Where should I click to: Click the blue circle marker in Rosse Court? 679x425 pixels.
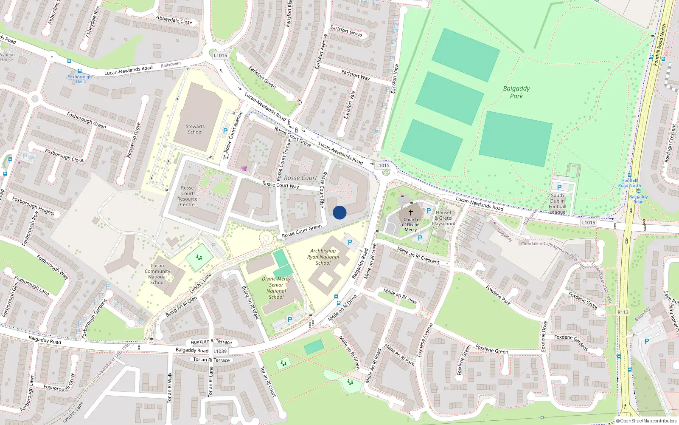(339, 212)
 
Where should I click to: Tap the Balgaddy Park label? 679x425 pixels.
(516, 92)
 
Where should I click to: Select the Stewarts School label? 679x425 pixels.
(195, 129)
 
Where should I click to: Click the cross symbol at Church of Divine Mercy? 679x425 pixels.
(411, 212)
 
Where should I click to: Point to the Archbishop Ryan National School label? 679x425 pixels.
(323, 257)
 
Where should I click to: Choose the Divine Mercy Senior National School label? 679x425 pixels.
(276, 288)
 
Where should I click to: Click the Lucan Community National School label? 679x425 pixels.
(157, 274)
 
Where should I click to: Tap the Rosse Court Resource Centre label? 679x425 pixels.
(188, 196)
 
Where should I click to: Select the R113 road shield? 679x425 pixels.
(623, 312)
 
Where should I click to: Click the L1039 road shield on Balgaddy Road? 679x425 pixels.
(220, 351)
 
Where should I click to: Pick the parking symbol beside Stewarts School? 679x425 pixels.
(225, 131)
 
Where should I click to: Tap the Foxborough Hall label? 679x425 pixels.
(79, 79)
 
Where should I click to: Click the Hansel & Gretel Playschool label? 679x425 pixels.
(443, 218)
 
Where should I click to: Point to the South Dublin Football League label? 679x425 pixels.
(558, 204)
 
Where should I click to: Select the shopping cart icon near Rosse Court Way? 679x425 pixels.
(244, 168)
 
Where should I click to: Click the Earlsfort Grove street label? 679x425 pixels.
(346, 31)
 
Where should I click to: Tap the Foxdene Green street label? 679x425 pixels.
(491, 349)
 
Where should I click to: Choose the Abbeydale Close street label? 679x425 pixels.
(174, 20)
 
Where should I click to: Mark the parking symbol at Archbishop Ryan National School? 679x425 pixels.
(350, 242)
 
